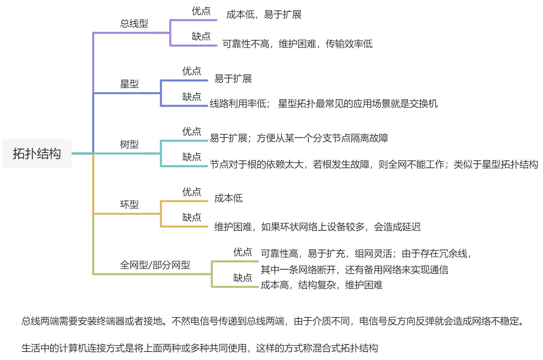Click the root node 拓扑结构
pos(37,154)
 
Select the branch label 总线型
pos(134,23)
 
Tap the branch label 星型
pos(129,84)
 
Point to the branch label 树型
pos(129,144)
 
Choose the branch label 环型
pos(129,204)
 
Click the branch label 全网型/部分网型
pos(155,265)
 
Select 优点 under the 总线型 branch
pos(201,11)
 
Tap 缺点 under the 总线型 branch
pos(201,36)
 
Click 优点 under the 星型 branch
pos(191,71)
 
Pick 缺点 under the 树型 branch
pos(191,157)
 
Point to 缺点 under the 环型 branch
pos(191,217)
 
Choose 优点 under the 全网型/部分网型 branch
pos(242,252)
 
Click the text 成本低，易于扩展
pos(264,15)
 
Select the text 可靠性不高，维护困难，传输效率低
pos(298,44)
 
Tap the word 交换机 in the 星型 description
pos(423,104)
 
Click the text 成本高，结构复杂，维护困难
pos(321,285)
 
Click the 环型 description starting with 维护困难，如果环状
pos(317,227)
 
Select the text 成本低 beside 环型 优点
pos(228,198)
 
